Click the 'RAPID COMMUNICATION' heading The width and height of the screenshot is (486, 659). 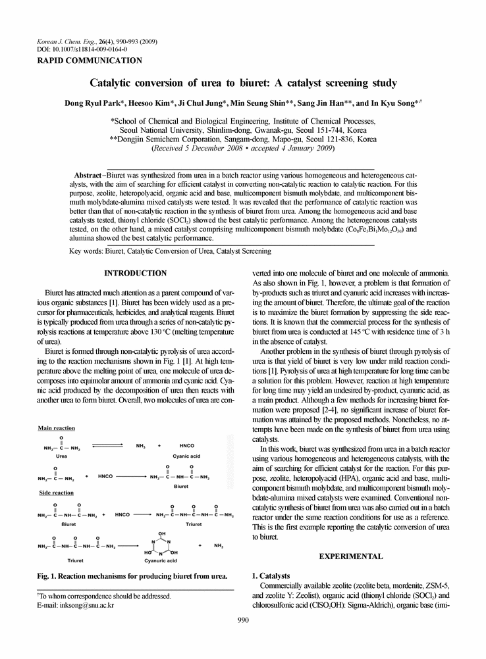coord(90,61)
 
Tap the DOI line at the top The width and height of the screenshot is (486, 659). coord(82,49)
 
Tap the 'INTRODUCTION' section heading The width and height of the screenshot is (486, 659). coord(136,273)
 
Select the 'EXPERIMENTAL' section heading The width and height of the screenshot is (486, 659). coord(350,556)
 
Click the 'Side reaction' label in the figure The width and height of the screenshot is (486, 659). coord(55,493)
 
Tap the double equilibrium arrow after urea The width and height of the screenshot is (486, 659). coord(113,446)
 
